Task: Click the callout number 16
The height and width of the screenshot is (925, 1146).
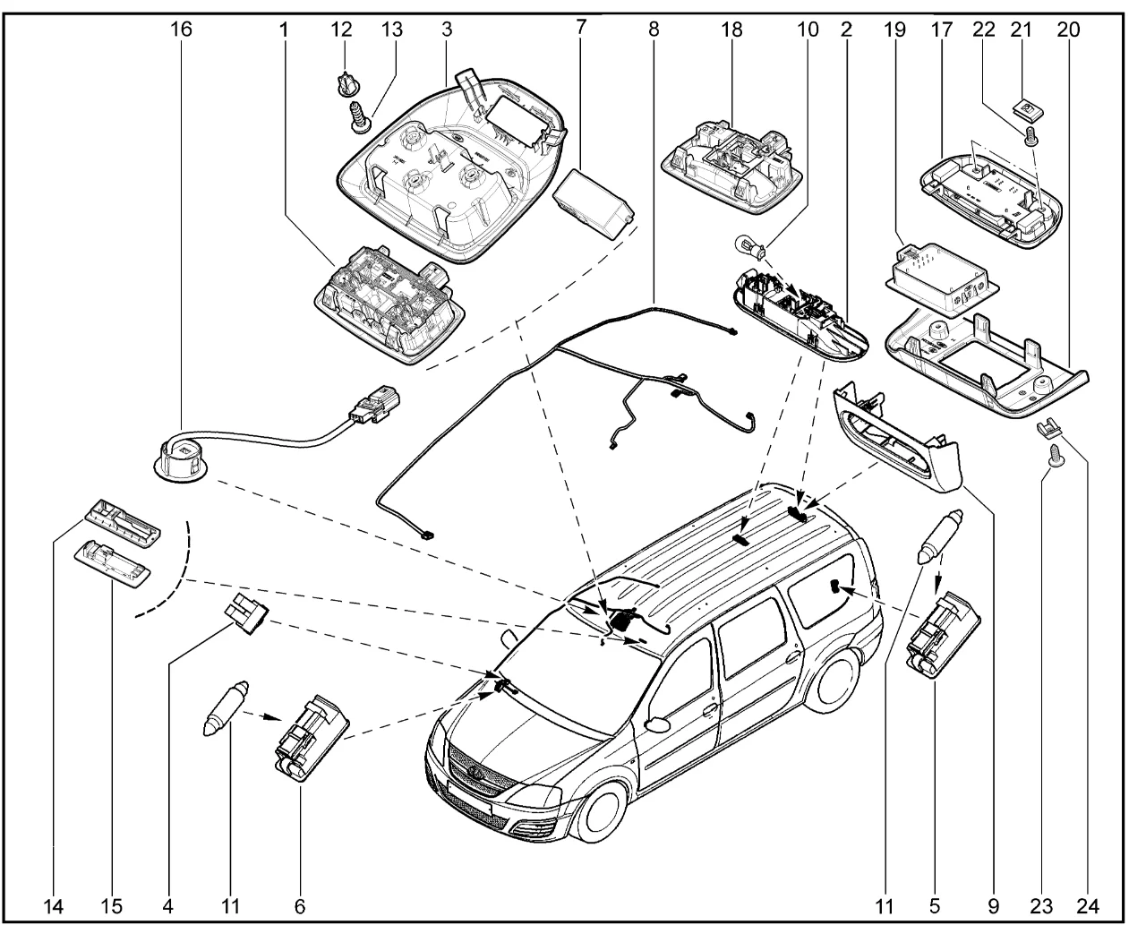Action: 181,28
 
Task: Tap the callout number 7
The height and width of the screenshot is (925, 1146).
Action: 581,28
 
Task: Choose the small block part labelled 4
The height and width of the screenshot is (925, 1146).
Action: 247,613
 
